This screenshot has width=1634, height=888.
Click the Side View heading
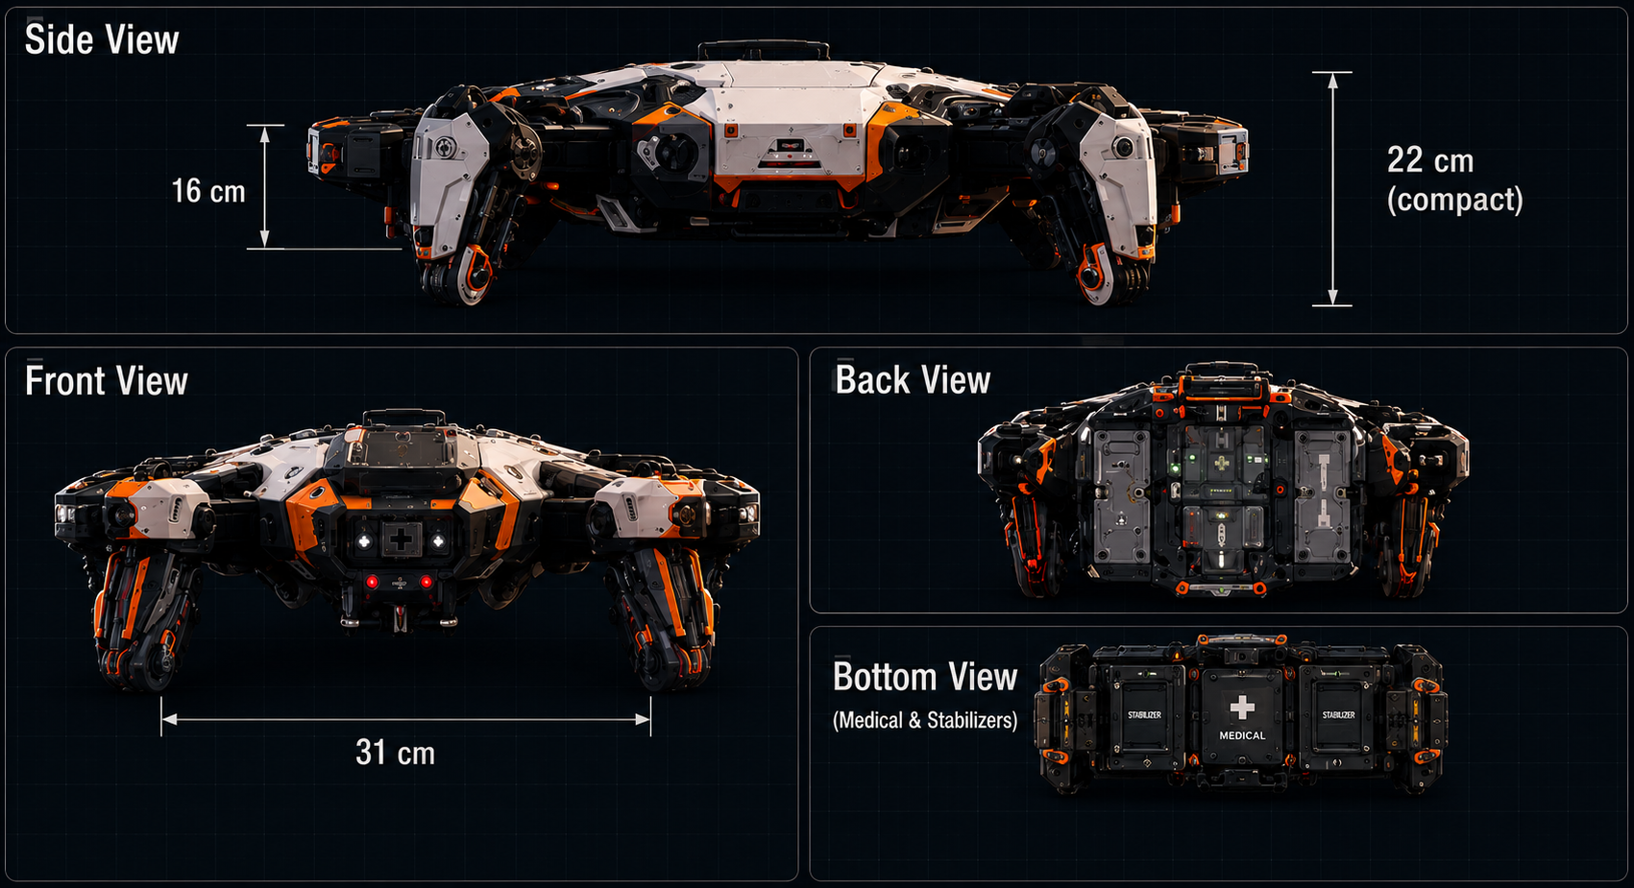102,39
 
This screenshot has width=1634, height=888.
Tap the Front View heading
107,380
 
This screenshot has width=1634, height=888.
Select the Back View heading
913,380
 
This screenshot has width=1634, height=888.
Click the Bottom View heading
925,678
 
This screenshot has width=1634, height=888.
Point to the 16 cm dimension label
208,191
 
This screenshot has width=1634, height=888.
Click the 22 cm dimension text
1430,160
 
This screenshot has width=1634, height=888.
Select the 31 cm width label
396,753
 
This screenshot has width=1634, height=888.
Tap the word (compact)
1454,200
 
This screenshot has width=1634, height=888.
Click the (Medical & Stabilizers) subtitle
925,720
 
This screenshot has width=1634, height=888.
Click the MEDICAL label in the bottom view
1242,735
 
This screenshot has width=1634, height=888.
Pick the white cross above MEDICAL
1242,708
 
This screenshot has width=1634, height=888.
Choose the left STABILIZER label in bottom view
1144,715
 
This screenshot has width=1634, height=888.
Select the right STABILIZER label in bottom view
1338,715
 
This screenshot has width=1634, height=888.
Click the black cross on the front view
401,540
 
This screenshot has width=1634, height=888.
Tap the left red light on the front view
372,582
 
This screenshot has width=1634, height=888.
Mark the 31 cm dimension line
405,720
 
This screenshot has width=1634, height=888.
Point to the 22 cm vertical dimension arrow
1332,189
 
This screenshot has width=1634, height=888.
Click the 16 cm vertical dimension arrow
265,186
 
